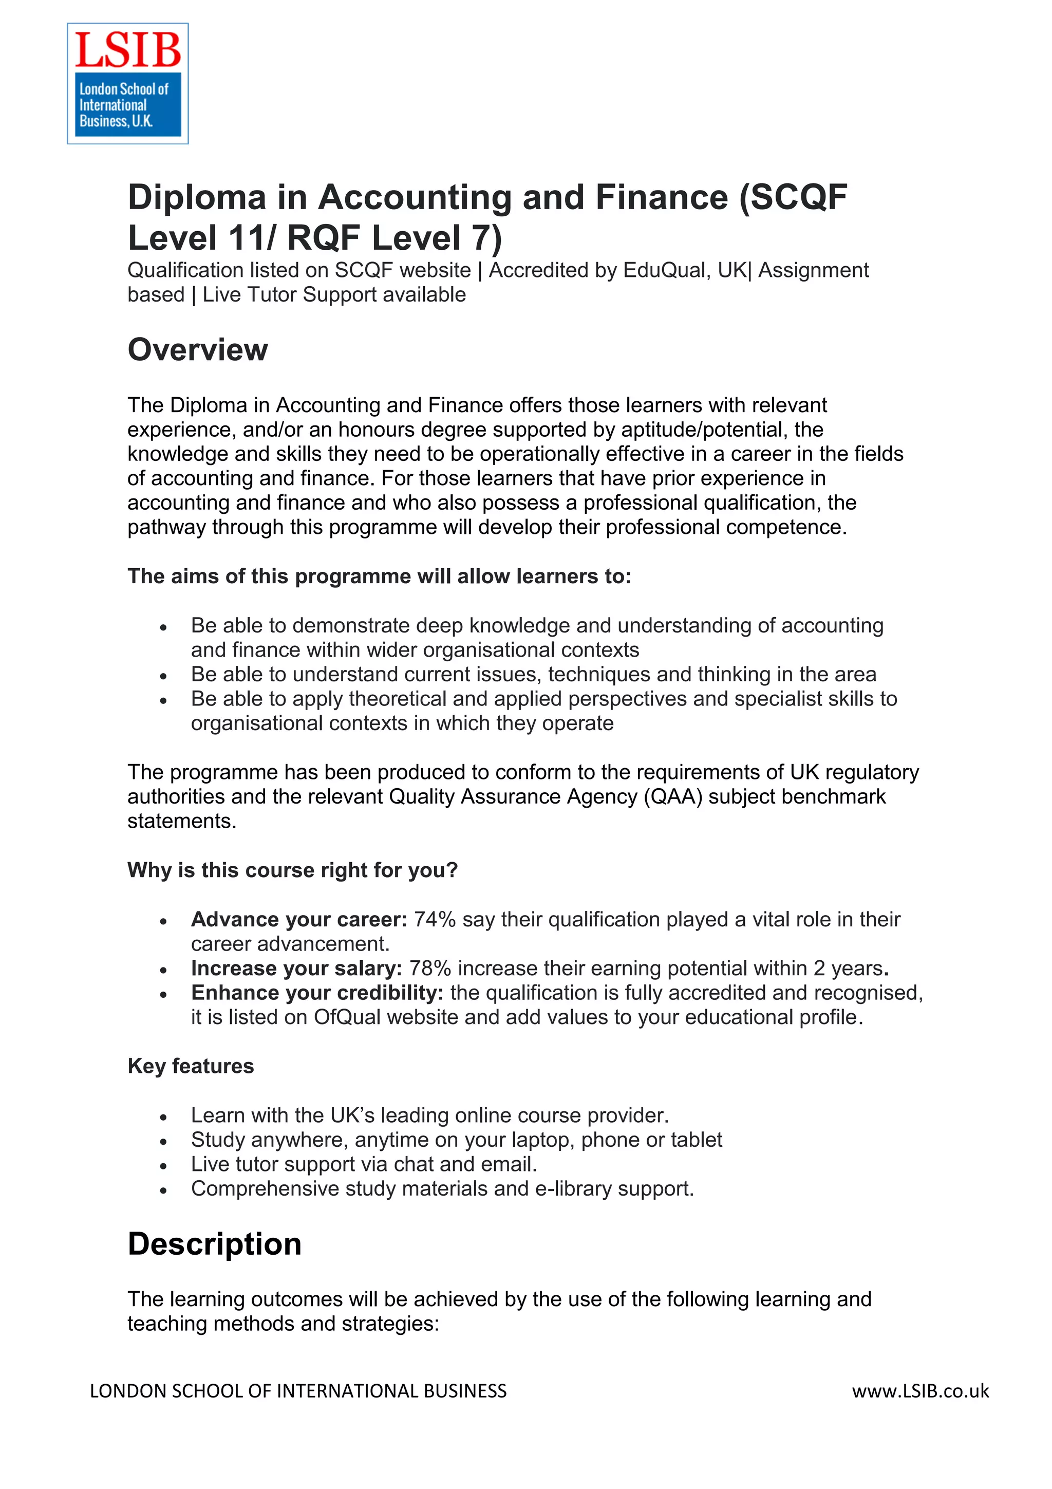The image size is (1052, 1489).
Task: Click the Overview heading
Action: [x=197, y=350]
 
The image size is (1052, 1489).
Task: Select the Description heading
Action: [x=215, y=1244]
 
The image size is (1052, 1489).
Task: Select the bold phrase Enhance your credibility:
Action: [x=317, y=992]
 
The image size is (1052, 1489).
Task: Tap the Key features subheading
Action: [x=191, y=1066]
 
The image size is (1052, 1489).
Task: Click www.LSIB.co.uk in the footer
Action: [x=920, y=1391]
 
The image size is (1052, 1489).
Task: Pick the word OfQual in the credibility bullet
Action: [x=347, y=1017]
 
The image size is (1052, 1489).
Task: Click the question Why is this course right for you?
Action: [x=292, y=870]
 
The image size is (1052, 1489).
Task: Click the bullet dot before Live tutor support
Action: [x=163, y=1166]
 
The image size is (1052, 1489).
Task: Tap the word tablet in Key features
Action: [x=696, y=1140]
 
